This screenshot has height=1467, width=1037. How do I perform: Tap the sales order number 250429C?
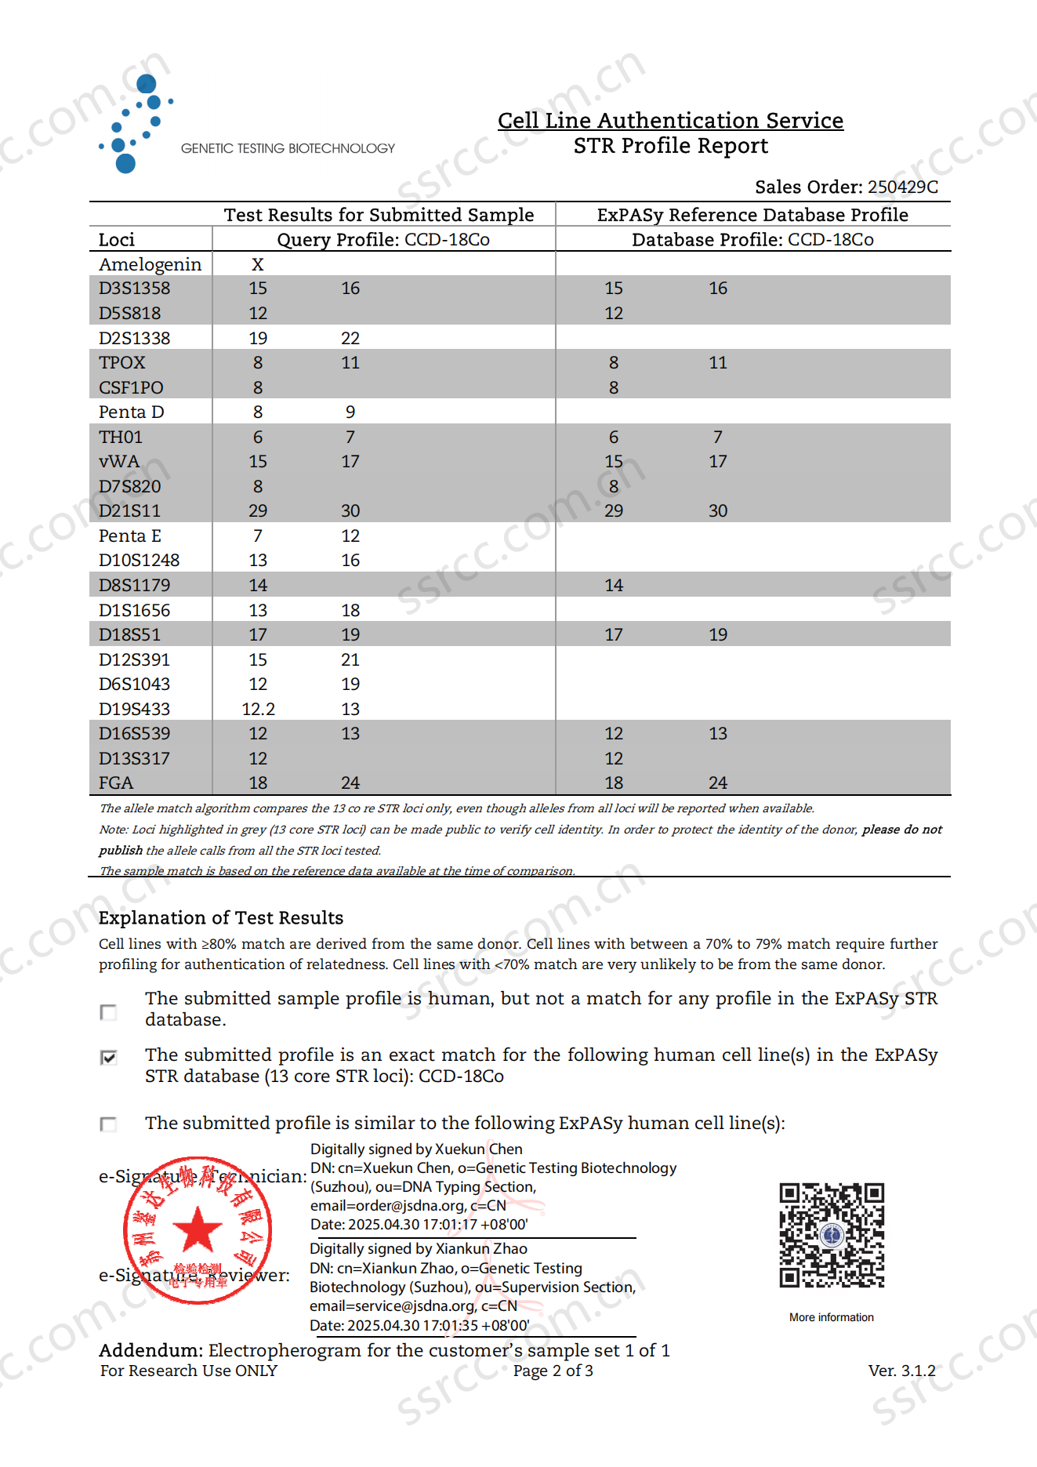902,187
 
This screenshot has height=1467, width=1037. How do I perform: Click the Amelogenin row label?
150,264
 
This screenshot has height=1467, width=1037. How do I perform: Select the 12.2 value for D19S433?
258,709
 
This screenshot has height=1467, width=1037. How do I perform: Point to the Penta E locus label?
130,536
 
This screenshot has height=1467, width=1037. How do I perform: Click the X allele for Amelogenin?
258,264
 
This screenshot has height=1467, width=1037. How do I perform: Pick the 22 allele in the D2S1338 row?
350,338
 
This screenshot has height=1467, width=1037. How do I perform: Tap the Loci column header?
117,239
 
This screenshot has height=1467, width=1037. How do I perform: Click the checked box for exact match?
109,1058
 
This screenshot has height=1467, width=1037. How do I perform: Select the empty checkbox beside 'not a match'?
109,1012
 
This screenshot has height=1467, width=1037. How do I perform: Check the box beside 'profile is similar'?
109,1124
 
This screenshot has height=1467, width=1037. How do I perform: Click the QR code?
832,1236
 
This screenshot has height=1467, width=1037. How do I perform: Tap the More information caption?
832,1317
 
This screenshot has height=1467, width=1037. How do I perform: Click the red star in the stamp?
198,1229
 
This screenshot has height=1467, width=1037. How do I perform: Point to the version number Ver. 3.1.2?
901,1371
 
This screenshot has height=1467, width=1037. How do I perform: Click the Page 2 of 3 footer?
553,1371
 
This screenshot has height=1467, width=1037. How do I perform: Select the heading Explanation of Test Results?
221,917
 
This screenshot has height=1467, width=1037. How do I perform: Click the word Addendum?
150,1350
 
